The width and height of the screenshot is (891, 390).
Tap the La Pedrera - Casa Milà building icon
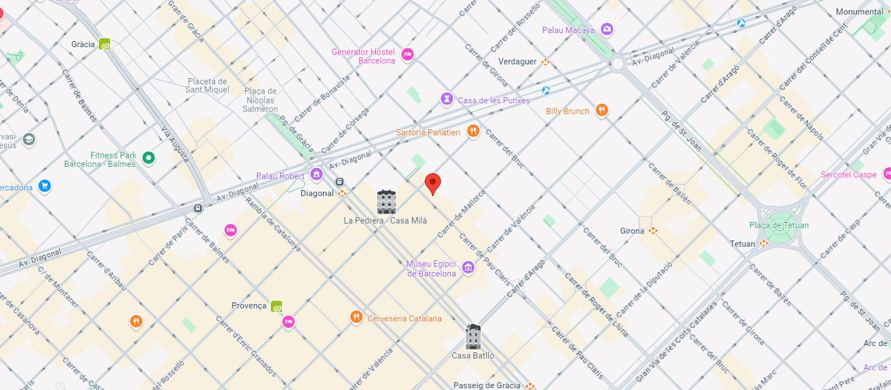[386, 202]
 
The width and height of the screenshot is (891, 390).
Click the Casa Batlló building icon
[473, 337]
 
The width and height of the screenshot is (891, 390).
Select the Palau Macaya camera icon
[607, 29]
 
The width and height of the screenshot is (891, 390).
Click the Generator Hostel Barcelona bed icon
[408, 55]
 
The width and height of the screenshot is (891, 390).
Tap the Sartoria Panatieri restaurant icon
[473, 131]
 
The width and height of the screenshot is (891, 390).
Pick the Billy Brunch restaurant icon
[602, 110]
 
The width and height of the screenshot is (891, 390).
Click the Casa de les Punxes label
[493, 101]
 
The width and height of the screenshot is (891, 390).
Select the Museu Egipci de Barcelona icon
[468, 268]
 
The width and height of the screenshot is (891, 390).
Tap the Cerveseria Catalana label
[404, 319]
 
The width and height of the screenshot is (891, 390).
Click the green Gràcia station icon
[104, 44]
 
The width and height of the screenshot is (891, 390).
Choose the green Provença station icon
[276, 306]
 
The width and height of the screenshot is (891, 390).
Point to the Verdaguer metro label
[517, 62]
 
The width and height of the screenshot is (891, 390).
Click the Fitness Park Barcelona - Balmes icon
[148, 158]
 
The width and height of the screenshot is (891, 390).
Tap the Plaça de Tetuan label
[779, 225]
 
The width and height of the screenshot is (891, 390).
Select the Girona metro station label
[632, 231]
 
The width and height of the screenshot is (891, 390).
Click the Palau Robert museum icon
[316, 174]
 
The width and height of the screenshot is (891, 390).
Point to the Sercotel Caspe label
[848, 175]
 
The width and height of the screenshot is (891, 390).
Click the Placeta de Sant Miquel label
[207, 85]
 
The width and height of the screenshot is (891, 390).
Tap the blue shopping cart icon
[45, 186]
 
